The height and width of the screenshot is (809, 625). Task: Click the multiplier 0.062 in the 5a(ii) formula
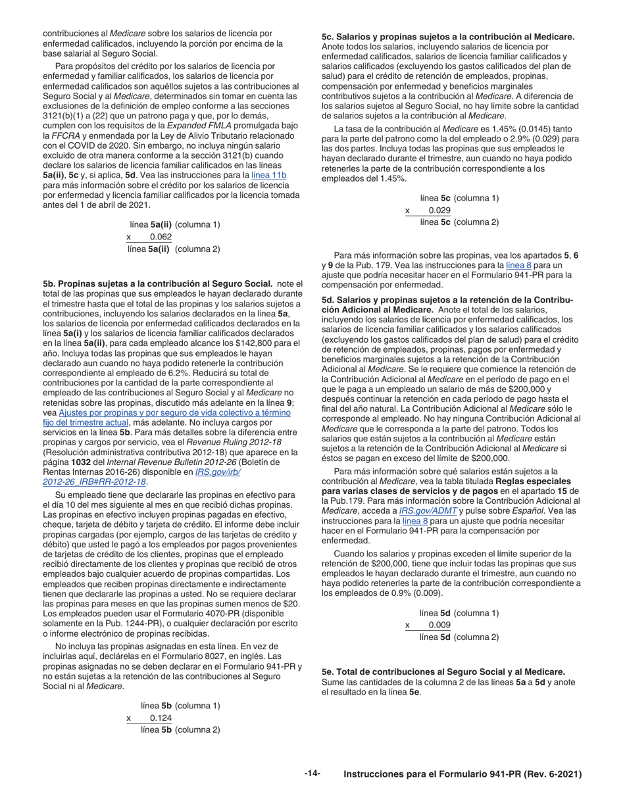click(161, 237)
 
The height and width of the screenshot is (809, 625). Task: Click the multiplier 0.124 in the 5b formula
click(161, 718)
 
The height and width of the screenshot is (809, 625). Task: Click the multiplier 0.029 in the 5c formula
click(439, 210)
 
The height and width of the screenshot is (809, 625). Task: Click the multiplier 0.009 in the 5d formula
click(439, 625)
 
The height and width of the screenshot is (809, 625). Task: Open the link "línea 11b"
click(269, 176)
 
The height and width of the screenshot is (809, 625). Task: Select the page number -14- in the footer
click(312, 774)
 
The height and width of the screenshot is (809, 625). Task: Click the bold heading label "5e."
click(328, 672)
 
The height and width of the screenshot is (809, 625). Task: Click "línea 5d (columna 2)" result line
click(459, 637)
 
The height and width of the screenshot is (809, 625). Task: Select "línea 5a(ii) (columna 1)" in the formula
click(175, 224)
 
